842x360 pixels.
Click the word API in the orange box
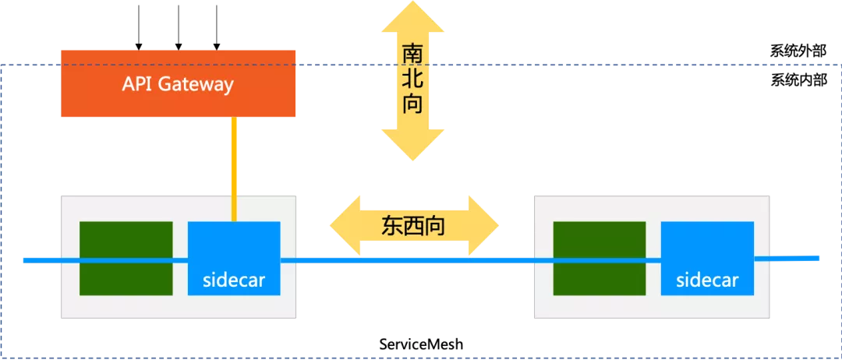pos(137,84)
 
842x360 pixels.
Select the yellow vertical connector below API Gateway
pos(233,168)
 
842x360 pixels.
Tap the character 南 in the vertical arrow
pos(412,54)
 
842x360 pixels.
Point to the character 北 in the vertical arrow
pos(412,79)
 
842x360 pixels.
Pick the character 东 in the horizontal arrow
pos(391,226)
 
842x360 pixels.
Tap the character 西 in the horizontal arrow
pos(413,226)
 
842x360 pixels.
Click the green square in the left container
pos(126,258)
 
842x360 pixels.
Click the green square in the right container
pos(599,258)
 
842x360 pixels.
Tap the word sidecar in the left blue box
pos(233,280)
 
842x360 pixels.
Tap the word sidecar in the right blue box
pos(707,280)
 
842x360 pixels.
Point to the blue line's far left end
pos(26,259)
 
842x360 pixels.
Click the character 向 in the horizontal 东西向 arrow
pos(435,226)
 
